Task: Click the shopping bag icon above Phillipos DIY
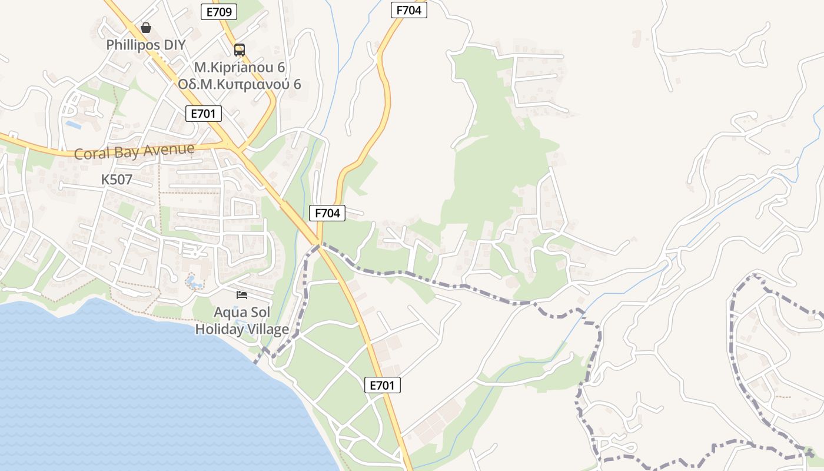click(146, 28)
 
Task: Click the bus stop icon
click(239, 49)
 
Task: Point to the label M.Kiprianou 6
click(240, 67)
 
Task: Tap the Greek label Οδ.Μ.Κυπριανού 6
click(240, 84)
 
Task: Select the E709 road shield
click(219, 12)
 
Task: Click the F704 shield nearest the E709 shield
click(408, 10)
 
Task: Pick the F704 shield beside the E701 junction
click(327, 213)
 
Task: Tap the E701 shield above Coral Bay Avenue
click(204, 114)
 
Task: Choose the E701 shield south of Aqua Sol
click(383, 385)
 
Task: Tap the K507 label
click(117, 180)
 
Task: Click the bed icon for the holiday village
click(242, 294)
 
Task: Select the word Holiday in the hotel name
click(218, 329)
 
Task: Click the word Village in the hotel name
click(267, 329)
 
